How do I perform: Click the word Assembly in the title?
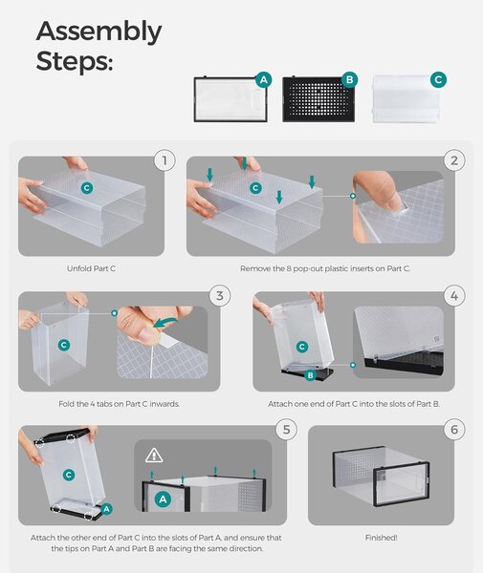point(99,32)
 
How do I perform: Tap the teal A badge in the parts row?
point(264,79)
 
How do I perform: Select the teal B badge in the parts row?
point(349,79)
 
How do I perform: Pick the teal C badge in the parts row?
point(438,79)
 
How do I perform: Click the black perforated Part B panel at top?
point(318,99)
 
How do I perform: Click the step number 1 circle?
point(165,160)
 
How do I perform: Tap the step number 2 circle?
point(454,160)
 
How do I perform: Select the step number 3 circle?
point(220,295)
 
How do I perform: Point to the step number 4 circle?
point(454,295)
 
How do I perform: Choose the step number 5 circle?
point(287,430)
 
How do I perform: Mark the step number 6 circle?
point(454,430)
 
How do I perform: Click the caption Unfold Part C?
point(91,268)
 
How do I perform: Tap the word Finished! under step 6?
point(381,538)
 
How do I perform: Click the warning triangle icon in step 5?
point(154,456)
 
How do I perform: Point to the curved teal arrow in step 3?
point(165,322)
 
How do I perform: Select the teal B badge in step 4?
point(310,375)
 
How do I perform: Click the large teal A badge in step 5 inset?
point(164,499)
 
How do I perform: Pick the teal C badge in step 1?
point(87,188)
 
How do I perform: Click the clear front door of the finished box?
point(401,484)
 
